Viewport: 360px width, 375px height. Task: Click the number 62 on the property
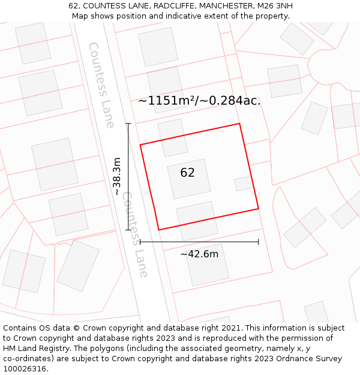click(x=187, y=173)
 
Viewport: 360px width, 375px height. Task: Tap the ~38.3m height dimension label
click(x=117, y=176)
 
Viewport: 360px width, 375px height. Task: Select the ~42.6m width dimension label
click(x=199, y=254)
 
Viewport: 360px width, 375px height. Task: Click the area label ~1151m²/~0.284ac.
click(x=199, y=101)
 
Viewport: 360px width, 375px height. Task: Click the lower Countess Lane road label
click(x=135, y=234)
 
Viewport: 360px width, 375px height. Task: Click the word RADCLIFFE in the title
click(x=170, y=6)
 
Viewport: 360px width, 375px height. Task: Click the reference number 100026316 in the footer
click(x=25, y=368)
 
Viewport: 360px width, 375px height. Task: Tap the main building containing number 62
click(x=189, y=178)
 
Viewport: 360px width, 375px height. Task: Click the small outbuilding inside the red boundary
click(x=244, y=184)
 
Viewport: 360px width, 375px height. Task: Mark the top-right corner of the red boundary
click(x=239, y=124)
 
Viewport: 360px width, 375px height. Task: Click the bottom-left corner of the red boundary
click(x=159, y=230)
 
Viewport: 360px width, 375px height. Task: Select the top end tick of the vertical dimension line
click(x=128, y=124)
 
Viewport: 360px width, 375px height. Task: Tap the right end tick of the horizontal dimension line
click(x=259, y=242)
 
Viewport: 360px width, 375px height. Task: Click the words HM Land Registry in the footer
click(x=35, y=349)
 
